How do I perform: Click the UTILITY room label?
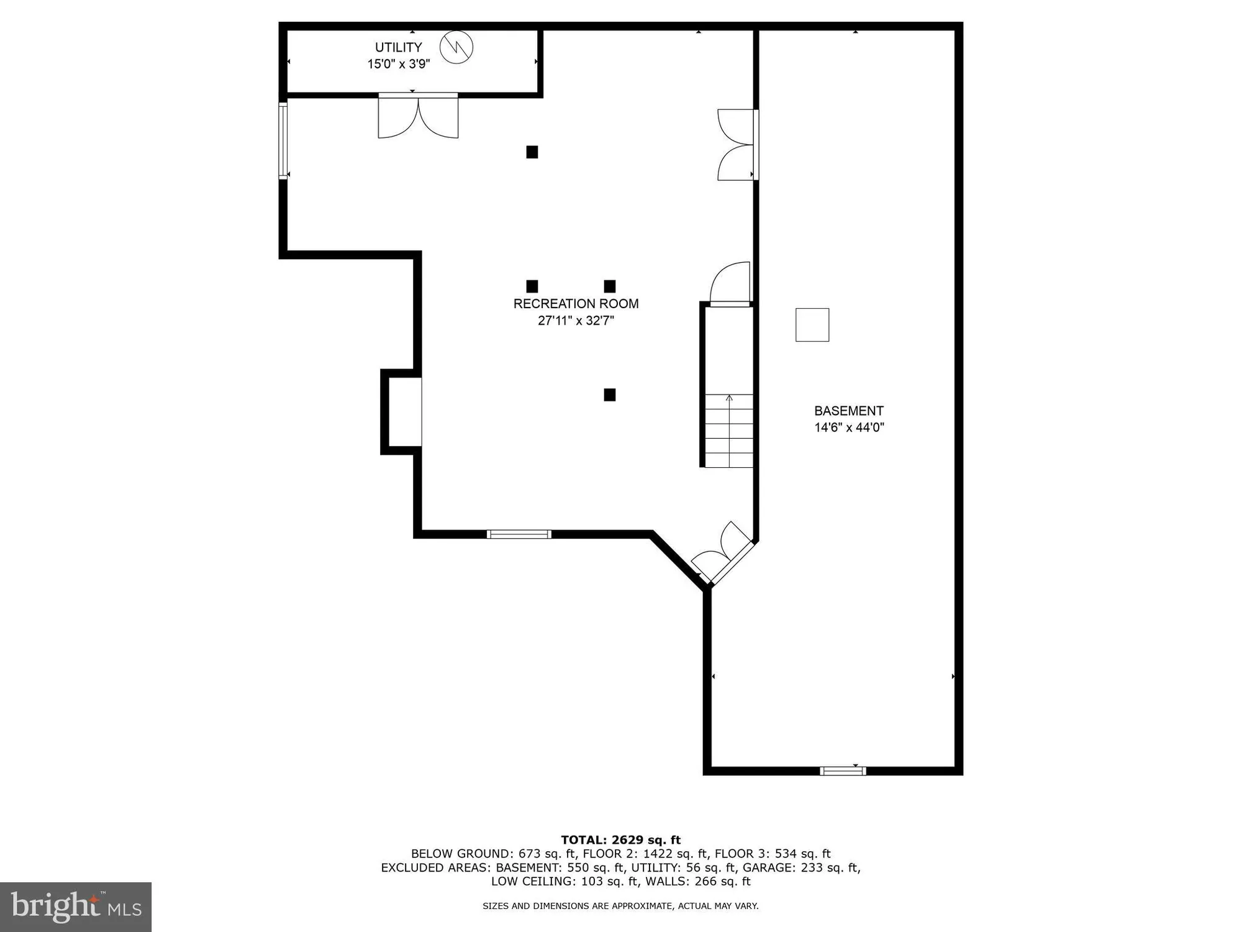[x=398, y=47]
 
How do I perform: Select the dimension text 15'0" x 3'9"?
[x=398, y=63]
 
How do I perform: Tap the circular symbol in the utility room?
[x=456, y=47]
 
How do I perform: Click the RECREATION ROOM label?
[x=576, y=304]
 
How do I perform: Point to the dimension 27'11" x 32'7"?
[x=576, y=321]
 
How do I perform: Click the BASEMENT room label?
[x=848, y=411]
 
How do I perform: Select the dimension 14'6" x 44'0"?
[x=849, y=427]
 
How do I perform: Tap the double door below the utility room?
[x=418, y=116]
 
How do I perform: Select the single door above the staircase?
[x=732, y=284]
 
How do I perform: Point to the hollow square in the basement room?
[x=812, y=325]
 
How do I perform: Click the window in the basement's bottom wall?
[x=843, y=771]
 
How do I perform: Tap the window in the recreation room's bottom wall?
[x=519, y=534]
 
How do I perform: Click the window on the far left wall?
[x=283, y=141]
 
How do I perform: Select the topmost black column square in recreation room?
[x=532, y=152]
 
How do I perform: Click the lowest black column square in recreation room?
[x=610, y=395]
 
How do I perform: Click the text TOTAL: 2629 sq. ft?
[x=620, y=840]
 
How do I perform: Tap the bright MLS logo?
[x=76, y=907]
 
